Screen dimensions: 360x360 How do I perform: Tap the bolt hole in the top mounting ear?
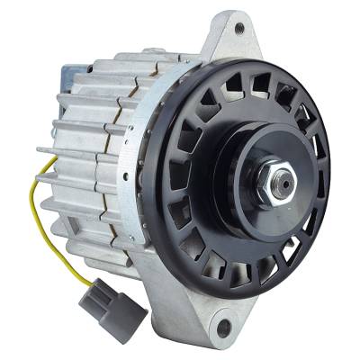click(x=238, y=28)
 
